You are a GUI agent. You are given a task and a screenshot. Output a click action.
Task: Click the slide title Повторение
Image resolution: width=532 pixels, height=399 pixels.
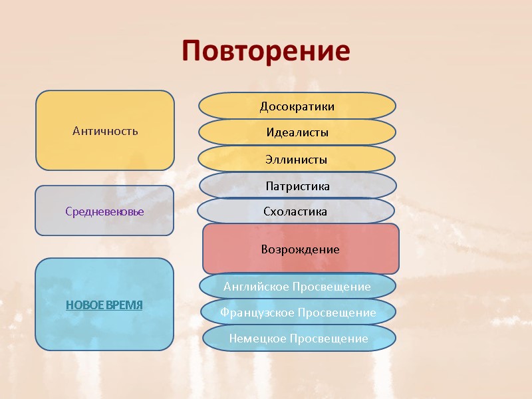coord(266,51)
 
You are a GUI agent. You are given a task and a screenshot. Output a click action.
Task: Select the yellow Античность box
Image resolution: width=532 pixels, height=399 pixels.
coord(105,130)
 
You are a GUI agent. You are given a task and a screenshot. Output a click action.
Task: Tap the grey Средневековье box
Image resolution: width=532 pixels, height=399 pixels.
coord(104,211)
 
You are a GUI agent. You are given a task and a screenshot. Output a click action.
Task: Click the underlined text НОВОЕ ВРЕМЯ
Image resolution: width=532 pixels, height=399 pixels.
coord(104,305)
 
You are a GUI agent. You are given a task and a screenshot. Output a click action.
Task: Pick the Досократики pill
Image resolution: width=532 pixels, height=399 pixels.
coord(297,106)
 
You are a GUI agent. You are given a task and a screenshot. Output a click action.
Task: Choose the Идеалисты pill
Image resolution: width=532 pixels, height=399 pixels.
coord(297,132)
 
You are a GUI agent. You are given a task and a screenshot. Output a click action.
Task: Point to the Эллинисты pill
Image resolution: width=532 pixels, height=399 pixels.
coord(297,160)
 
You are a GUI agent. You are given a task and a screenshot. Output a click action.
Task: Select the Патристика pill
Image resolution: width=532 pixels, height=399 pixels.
coord(298,186)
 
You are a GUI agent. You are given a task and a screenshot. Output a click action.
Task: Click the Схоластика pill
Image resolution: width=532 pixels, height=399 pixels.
coord(296,211)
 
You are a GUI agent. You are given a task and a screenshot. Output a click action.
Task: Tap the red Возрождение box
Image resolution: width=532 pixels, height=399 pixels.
coord(301,249)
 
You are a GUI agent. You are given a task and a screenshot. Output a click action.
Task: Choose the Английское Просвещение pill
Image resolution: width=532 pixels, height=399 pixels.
coord(297,287)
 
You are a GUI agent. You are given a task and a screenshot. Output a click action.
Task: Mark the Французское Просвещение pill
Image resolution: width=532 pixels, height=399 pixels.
coord(298,312)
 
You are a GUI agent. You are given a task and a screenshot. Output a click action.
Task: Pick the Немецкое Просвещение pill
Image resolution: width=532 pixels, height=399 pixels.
coord(299,338)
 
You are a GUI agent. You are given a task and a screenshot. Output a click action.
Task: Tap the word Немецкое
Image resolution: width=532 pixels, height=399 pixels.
coord(255,338)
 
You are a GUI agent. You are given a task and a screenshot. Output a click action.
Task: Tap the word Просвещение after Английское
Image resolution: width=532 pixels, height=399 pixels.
coord(331,287)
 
